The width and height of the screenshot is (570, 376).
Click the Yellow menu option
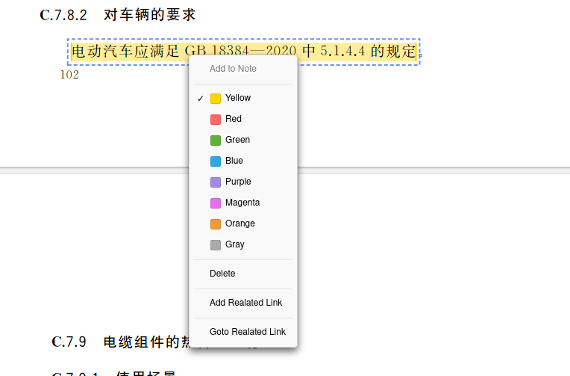237,98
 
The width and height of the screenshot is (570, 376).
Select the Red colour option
233,119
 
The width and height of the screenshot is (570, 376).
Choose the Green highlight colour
237,140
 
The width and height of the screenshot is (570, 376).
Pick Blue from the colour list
234,161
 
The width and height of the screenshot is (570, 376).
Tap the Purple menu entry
238,182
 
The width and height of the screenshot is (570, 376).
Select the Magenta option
242,203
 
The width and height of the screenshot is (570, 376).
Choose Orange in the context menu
239,224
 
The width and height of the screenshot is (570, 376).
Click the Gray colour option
234,244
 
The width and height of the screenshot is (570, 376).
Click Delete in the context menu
222,274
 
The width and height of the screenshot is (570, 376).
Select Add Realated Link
245,303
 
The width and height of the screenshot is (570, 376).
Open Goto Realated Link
247,332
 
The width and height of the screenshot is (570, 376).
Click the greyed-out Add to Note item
233,69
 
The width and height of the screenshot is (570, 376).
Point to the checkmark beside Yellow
201,99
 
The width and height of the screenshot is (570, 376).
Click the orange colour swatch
216,224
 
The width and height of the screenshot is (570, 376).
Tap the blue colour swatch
216,161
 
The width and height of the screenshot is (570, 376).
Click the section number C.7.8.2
63,15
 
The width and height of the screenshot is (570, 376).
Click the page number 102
69,75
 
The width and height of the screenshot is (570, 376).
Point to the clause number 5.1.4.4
342,52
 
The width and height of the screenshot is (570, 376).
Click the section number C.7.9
69,342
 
